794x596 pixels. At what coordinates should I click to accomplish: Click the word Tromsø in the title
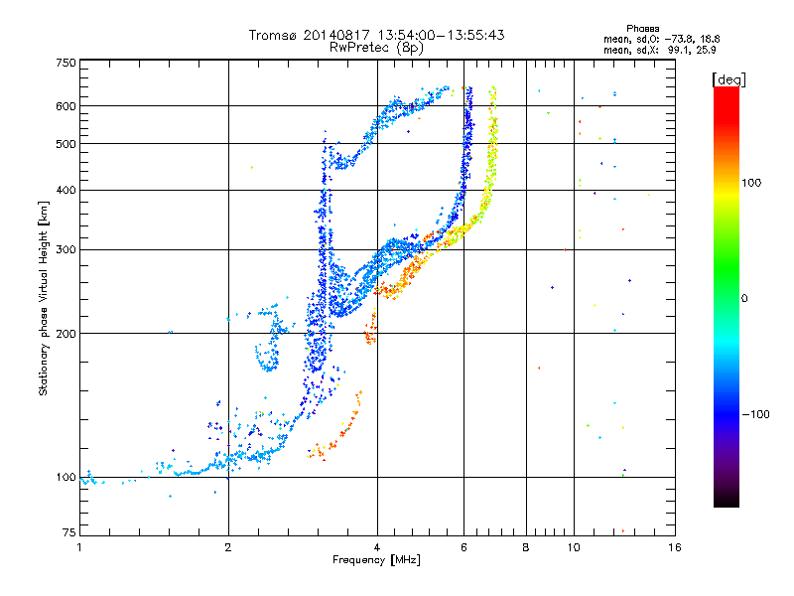coord(275,35)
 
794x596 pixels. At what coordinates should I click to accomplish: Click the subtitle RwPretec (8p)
coord(377,47)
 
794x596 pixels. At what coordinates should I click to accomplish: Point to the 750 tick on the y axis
coord(66,62)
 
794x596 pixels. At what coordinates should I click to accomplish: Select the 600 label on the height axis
coord(66,105)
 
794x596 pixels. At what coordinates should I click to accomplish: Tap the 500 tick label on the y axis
coord(66,144)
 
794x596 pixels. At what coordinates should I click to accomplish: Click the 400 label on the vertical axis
coord(66,190)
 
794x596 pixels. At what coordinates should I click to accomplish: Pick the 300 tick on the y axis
coord(66,249)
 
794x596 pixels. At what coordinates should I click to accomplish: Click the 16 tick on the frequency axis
coord(674,547)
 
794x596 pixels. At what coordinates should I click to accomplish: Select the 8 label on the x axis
coord(526,547)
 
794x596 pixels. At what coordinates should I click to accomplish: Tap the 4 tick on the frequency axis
coord(377,547)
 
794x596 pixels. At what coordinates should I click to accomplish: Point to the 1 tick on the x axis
coord(79,547)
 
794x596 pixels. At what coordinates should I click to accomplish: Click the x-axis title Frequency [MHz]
coord(376,562)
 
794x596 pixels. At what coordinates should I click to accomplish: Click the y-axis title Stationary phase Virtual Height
coord(44,298)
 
